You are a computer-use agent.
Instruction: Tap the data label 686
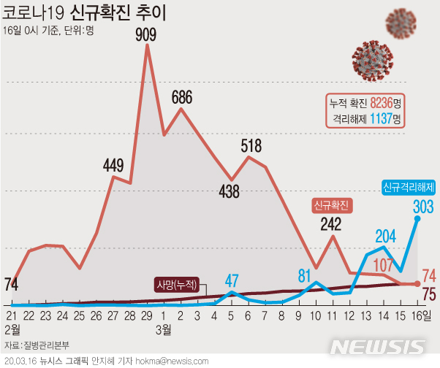coord(182,96)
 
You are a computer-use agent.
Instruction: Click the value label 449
coord(113,165)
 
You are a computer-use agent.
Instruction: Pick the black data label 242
coord(333,224)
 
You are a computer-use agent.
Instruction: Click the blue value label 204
coord(385,236)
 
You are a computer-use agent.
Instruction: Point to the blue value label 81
coord(305,275)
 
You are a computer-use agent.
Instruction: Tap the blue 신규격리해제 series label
coord(409,187)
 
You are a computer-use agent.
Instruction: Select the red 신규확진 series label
coord(332,204)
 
